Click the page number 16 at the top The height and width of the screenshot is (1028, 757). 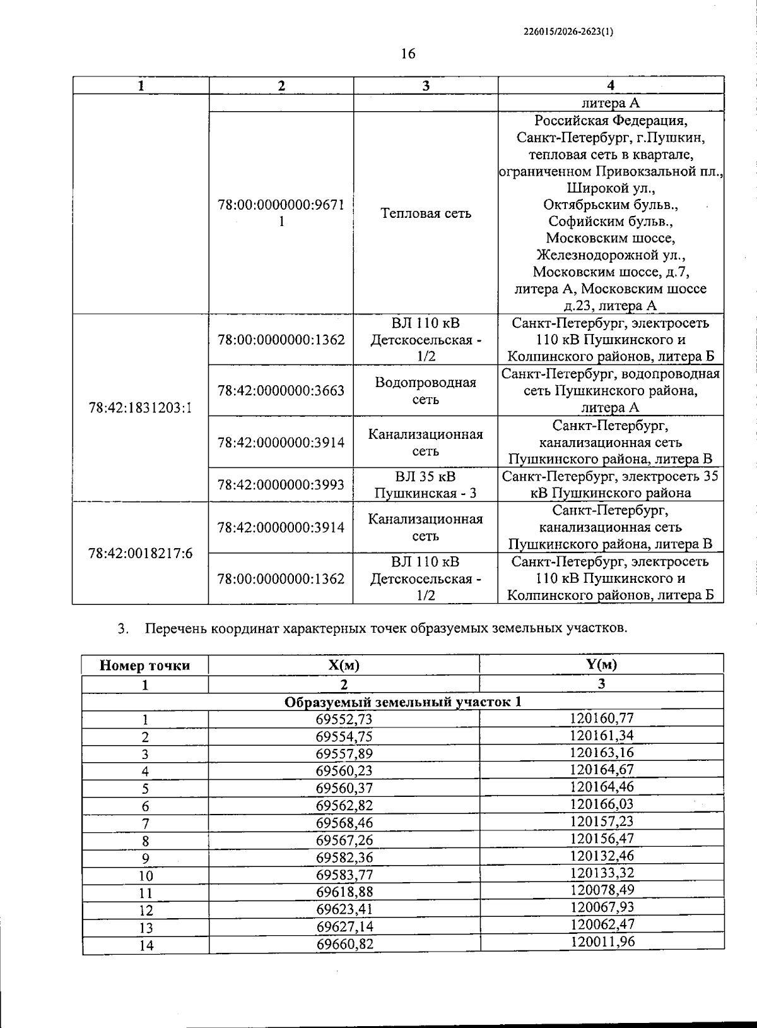pos(408,54)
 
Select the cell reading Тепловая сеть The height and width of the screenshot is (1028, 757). pos(426,213)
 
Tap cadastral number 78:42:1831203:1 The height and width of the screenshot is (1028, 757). pos(140,408)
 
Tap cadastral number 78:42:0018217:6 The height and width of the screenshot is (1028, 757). pos(140,554)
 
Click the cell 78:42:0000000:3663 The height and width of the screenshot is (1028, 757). pos(281,391)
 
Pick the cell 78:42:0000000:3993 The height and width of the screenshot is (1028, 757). pos(281,485)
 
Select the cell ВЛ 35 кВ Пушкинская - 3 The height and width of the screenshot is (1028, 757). pos(426,485)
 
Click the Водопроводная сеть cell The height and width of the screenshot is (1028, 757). pos(426,391)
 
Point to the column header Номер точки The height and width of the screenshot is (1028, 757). pos(144,666)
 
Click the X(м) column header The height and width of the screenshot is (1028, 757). pos(344,666)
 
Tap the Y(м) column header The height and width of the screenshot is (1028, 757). pos(601,664)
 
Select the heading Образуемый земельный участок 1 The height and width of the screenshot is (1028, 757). pos(402,702)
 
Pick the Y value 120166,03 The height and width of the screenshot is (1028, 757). pos(601,804)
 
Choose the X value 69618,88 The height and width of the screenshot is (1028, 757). pos(344,892)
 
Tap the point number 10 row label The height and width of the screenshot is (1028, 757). pos(146,876)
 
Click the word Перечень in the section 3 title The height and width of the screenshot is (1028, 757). pos(176,629)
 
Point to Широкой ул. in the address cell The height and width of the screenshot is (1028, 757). pos(610,188)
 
